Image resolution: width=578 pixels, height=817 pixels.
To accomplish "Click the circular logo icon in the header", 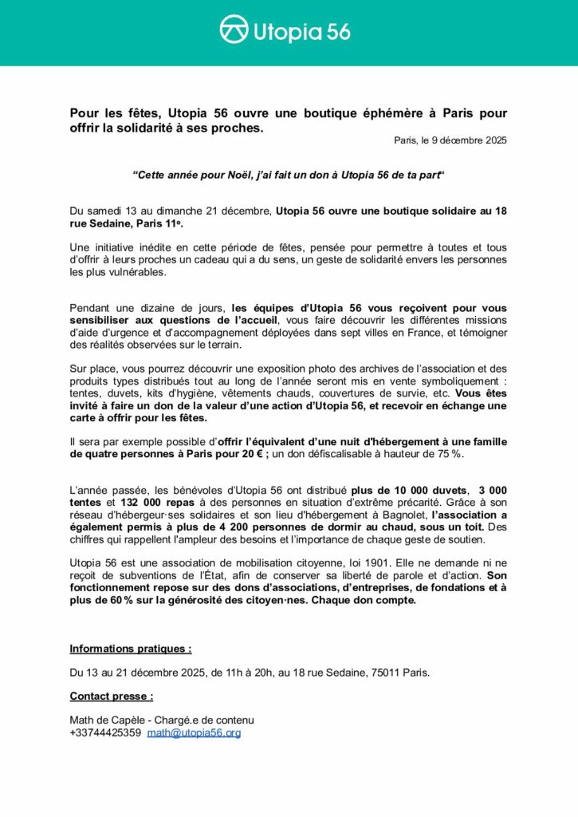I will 235,31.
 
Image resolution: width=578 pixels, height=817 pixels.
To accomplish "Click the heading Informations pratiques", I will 131,649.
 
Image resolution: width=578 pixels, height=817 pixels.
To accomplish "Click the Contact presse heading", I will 112,696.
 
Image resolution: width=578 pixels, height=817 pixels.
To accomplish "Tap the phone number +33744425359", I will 105,732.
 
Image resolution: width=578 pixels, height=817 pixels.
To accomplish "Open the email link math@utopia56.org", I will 194,732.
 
